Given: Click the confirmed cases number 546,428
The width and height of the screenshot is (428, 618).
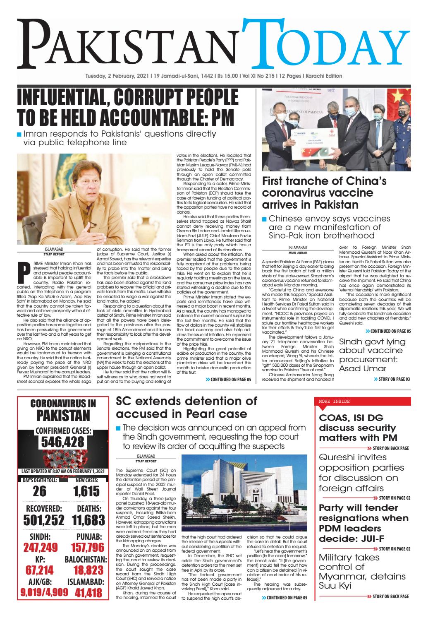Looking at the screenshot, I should pos(62,442).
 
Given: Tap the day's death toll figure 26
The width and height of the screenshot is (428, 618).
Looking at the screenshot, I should pos(40,491).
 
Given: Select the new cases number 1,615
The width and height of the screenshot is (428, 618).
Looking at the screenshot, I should pos(87,491).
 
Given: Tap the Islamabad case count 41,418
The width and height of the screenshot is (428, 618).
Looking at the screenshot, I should pos(88,593).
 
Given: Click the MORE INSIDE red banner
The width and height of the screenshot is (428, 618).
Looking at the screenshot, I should pos(363,401).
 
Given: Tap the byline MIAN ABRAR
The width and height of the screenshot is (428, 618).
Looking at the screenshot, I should pos(292,252).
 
